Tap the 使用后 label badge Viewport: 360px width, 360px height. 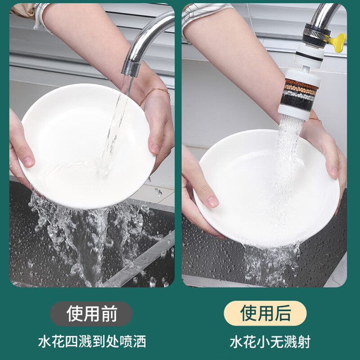point(265,313)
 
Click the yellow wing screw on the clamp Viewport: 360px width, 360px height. point(337,41)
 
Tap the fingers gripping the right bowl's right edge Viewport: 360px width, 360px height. point(333,162)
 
